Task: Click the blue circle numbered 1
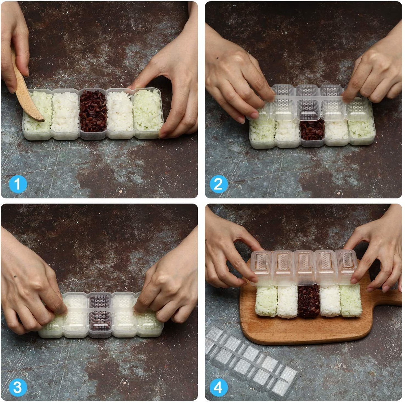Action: [x=18, y=184]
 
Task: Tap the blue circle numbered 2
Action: [x=219, y=184]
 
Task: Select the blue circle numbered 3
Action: [x=18, y=387]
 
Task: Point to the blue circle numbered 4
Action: [x=219, y=387]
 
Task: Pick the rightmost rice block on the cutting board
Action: [x=351, y=301]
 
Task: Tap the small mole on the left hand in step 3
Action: [x=15, y=276]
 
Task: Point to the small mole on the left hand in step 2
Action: [x=217, y=58]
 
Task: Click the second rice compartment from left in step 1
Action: [x=65, y=112]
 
